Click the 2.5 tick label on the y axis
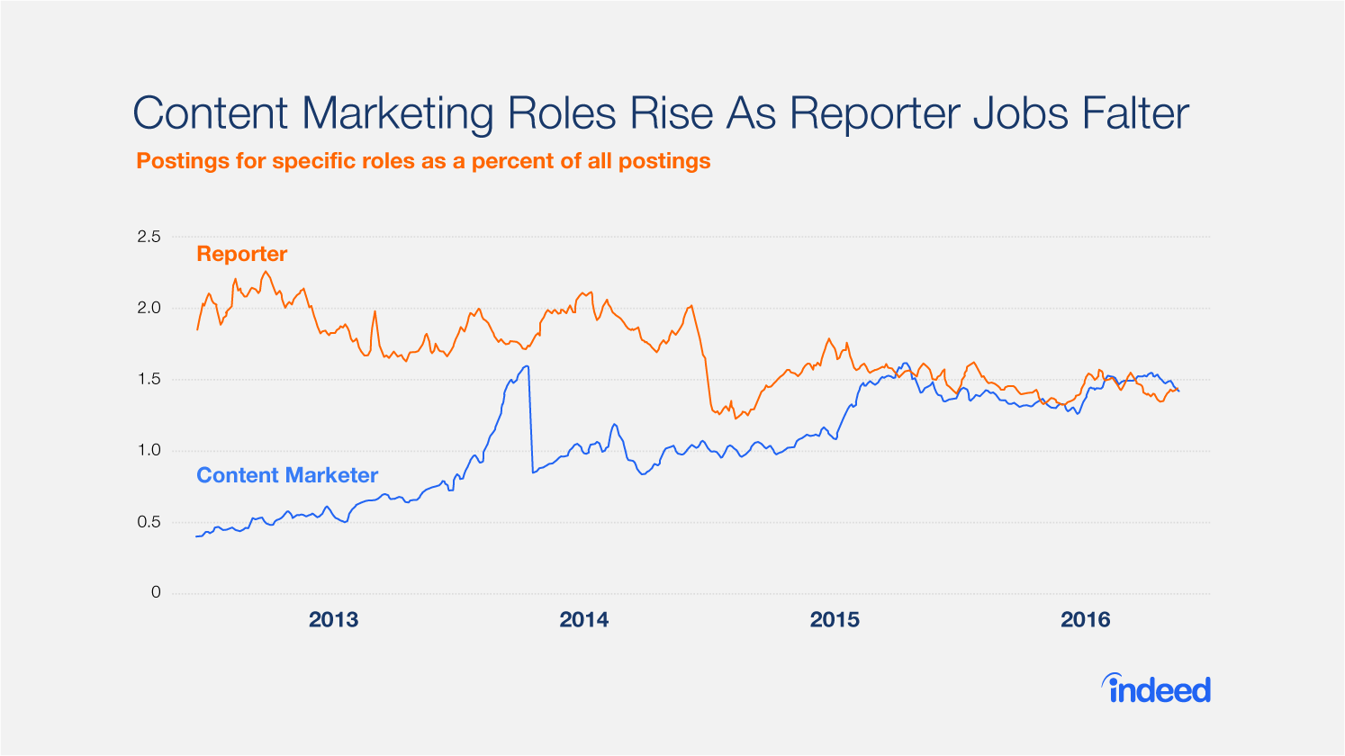[149, 237]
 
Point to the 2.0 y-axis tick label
[149, 308]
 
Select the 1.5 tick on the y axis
[149, 379]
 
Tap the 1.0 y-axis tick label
[149, 450]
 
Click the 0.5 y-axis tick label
[149, 522]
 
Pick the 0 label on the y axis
[156, 592]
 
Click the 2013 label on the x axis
[333, 619]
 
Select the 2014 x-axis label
[583, 619]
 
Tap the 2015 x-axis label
[835, 619]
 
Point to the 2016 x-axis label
[1085, 619]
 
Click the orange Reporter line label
[241, 254]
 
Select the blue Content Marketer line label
[287, 475]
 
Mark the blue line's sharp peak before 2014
[527, 366]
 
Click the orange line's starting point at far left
[197, 329]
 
